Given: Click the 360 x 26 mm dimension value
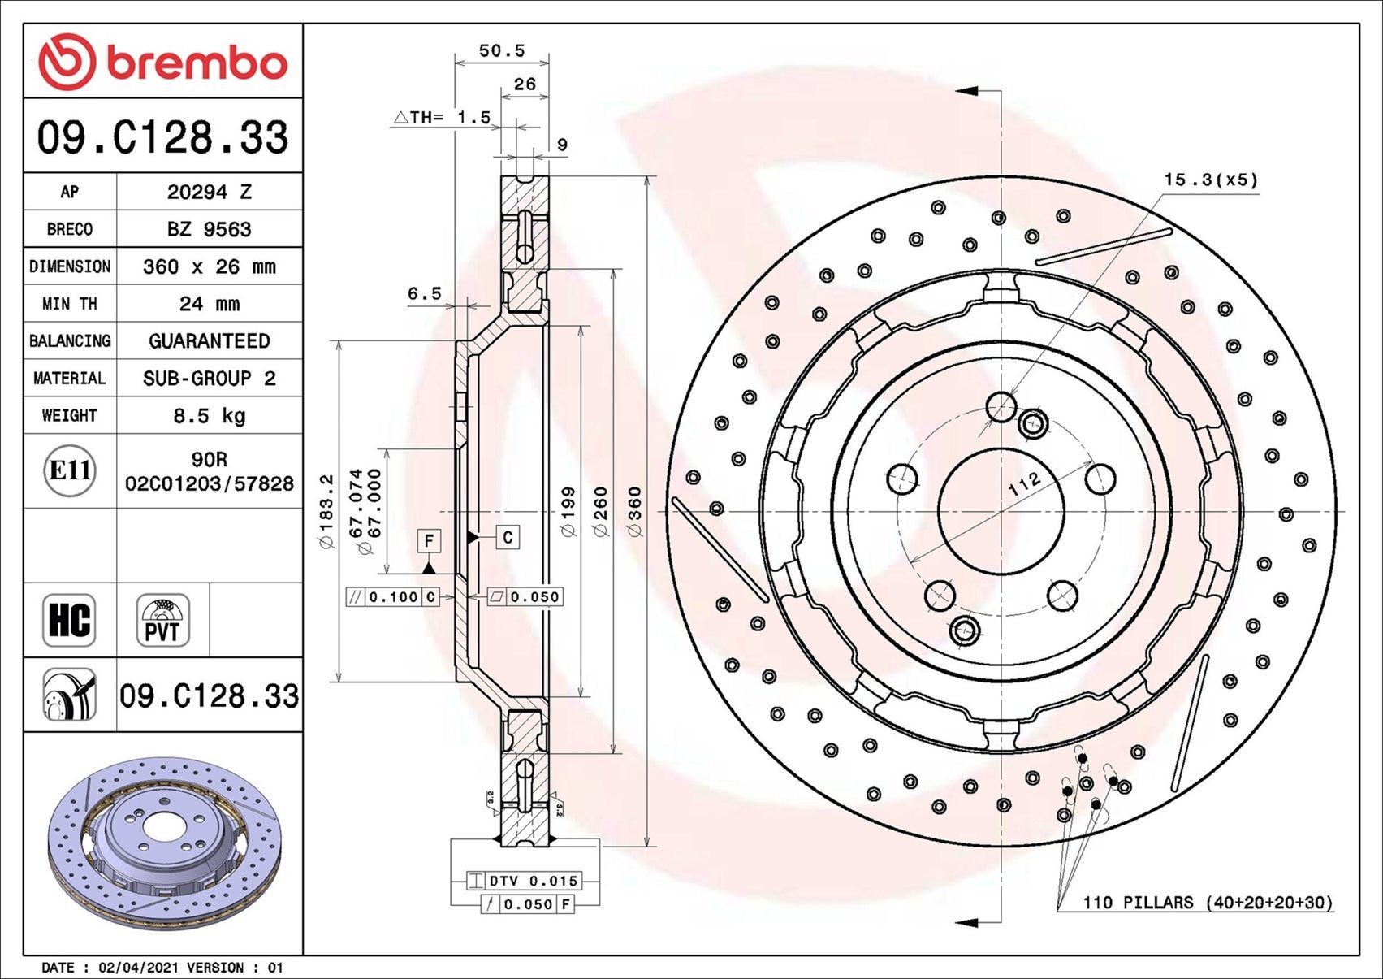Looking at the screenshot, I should tap(210, 266).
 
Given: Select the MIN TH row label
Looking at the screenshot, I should tap(70, 304).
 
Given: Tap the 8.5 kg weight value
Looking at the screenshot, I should tap(210, 416).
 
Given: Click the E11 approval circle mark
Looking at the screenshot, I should tap(70, 470).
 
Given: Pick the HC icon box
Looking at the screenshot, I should tap(69, 620).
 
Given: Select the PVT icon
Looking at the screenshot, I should tap(162, 620).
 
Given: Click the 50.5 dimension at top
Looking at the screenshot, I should tap(501, 50).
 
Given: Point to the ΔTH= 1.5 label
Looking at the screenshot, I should tap(443, 118).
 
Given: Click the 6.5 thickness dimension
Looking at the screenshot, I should tap(424, 293).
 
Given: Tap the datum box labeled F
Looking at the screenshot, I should tap(429, 540).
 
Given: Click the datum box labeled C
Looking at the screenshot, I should tap(508, 537).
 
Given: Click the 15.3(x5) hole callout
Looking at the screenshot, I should tap(1210, 180).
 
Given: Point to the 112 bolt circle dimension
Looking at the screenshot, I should tap(1024, 484).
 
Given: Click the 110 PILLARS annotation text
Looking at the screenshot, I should tap(1208, 903).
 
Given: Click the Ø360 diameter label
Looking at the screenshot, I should tap(634, 511).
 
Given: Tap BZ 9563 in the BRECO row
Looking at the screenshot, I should tap(210, 229).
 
